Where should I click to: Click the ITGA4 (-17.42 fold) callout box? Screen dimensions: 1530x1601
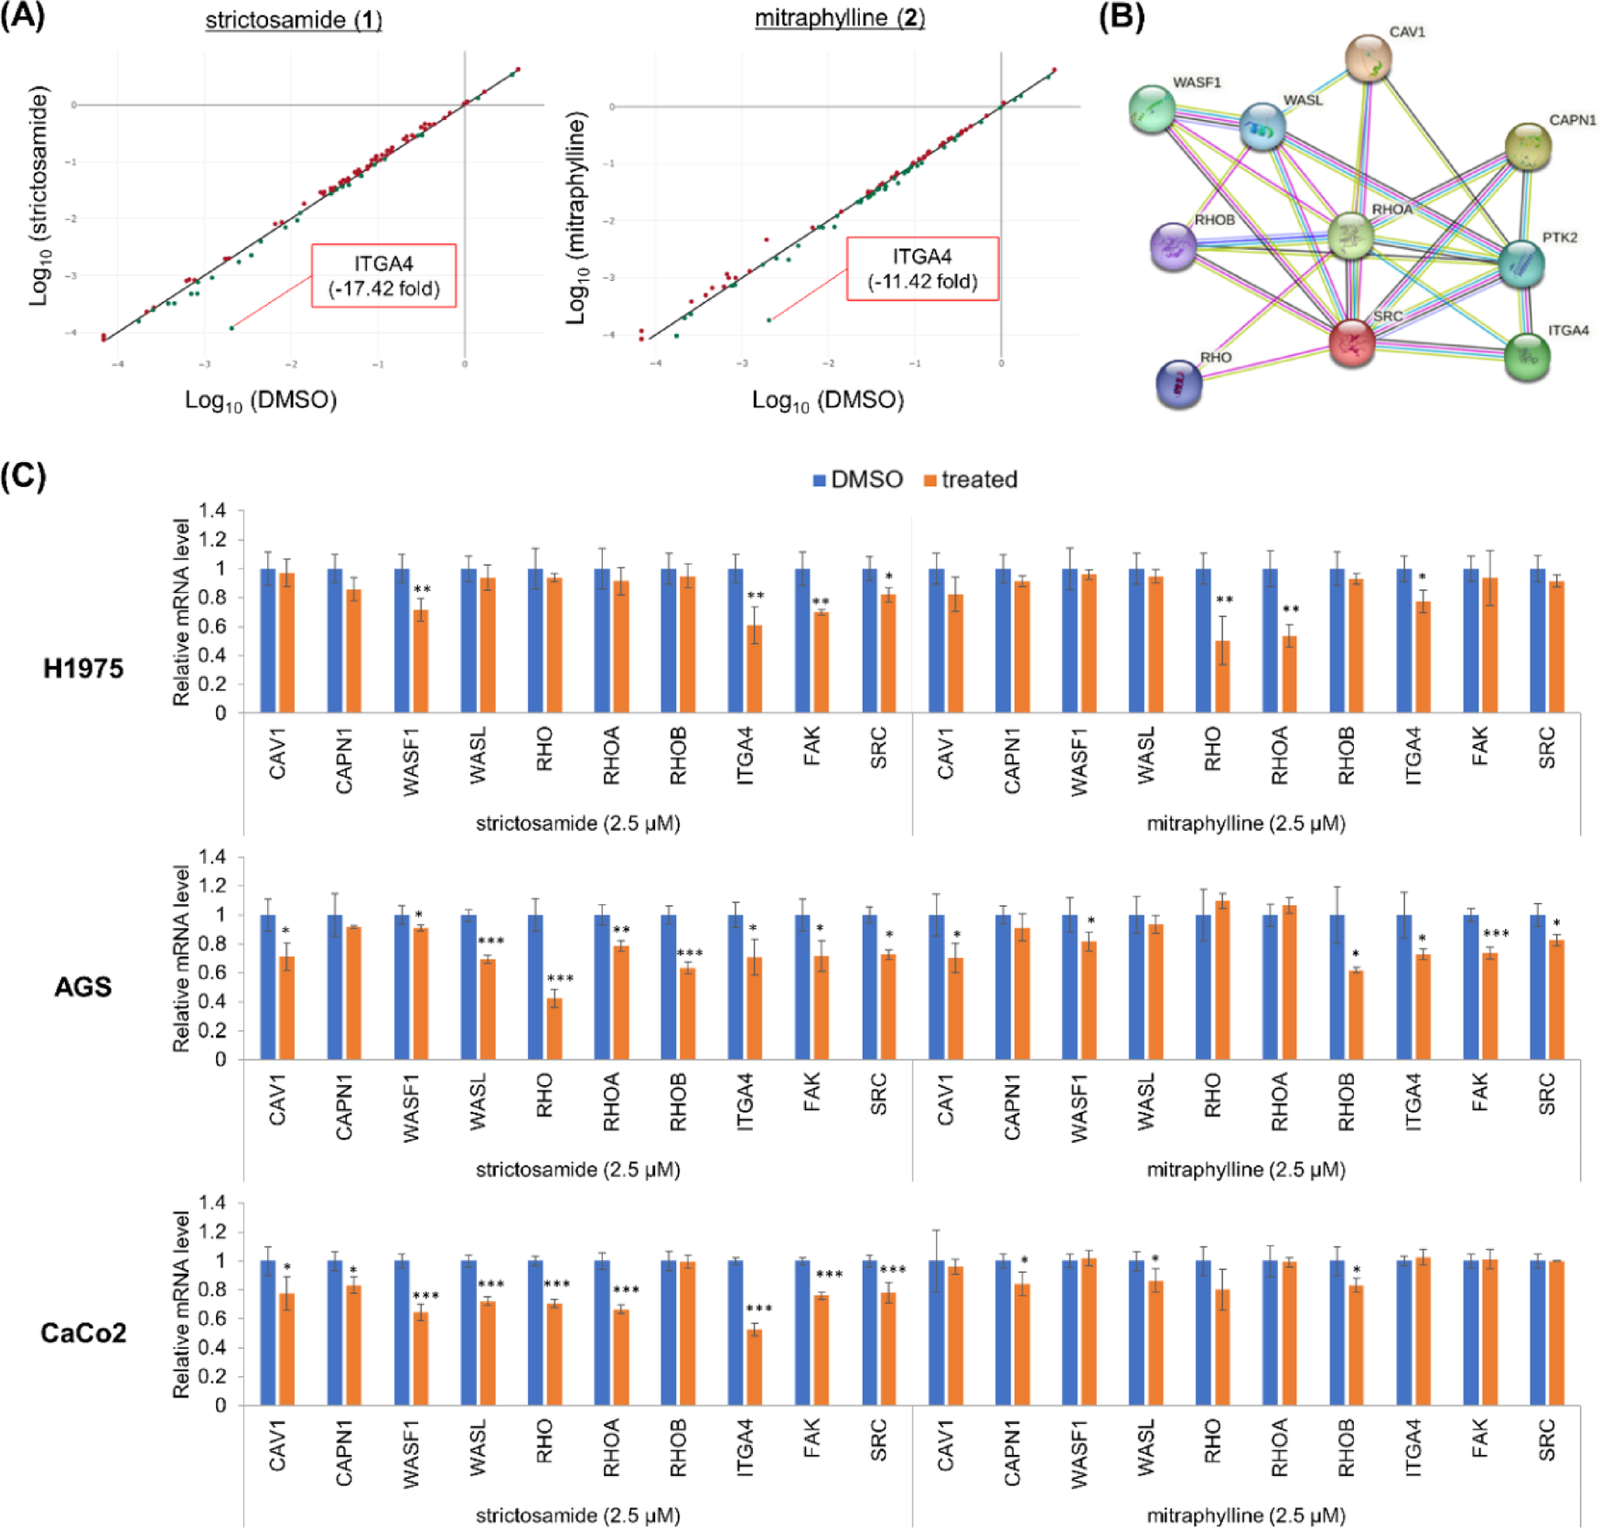383,275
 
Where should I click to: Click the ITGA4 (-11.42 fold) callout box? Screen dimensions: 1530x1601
921,269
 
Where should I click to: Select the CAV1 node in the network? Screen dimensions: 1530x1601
1368,57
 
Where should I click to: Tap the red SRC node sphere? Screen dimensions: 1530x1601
1351,343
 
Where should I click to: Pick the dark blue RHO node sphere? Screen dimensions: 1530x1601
1178,383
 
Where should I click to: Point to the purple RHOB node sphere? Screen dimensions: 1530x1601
1173,246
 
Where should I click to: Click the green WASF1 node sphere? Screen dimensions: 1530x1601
1152,109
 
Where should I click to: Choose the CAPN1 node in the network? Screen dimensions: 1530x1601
1527,146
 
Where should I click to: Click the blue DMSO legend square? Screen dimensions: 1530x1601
820,480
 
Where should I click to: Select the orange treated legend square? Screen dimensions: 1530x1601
930,480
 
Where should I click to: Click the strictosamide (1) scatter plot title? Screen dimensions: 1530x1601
293,19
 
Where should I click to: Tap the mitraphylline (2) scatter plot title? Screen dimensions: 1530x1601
839,18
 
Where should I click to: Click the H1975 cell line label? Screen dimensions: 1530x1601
83,669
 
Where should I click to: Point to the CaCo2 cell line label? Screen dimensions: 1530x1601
83,1332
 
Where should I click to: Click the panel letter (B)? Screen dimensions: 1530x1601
1121,16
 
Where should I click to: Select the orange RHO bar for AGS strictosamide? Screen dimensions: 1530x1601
553,1029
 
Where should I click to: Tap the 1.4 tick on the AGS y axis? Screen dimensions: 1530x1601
213,857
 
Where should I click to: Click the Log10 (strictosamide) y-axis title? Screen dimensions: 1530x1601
38,196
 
